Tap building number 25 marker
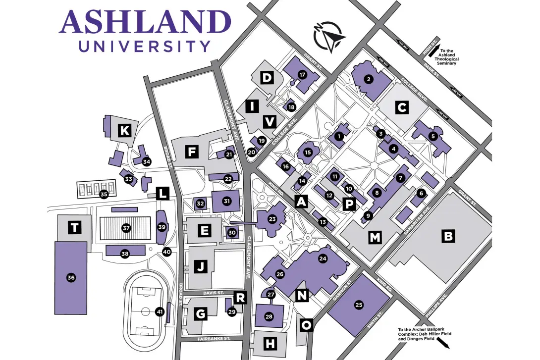coord(359,305)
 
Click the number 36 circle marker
coord(71,278)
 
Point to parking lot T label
coord(74,227)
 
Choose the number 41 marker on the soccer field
coord(160,312)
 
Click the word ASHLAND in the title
coord(145,22)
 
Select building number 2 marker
coord(368,78)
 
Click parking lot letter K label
coord(125,131)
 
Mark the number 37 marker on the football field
coord(126,228)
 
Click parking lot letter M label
coord(375,238)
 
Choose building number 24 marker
coord(324,258)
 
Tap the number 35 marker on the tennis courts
coord(104,194)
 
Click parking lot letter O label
coord(307,325)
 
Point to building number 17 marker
coord(301,74)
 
